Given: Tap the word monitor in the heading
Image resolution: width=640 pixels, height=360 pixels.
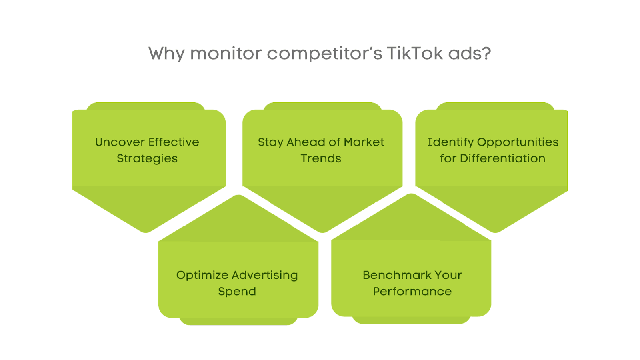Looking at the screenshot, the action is pyautogui.click(x=226, y=54).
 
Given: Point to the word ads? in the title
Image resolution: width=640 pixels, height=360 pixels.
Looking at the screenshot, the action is pyautogui.click(x=470, y=53).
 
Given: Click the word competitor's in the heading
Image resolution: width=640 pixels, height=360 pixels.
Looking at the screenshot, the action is pyautogui.click(x=324, y=54).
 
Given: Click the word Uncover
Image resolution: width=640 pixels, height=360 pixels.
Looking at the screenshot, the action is pyautogui.click(x=120, y=142).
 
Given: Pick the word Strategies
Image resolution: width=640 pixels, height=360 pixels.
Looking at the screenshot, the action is pyautogui.click(x=147, y=158).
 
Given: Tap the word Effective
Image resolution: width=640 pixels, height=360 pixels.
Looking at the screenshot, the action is pyautogui.click(x=174, y=142).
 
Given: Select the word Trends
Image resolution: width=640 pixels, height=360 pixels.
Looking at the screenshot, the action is pyautogui.click(x=321, y=158).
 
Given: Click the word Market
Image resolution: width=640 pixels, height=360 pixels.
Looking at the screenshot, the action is pyautogui.click(x=364, y=142).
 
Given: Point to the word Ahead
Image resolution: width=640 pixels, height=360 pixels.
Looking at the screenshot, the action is pyautogui.click(x=306, y=142).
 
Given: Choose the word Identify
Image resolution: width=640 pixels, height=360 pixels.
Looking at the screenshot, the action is pyautogui.click(x=450, y=142).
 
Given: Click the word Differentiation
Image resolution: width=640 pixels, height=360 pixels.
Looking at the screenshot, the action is pyautogui.click(x=502, y=158).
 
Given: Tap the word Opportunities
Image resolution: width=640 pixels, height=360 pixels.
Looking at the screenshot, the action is pyautogui.click(x=518, y=142).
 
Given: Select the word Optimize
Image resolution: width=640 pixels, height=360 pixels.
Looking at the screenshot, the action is pyautogui.click(x=202, y=276).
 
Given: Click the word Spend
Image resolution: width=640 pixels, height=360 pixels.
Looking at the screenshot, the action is pyautogui.click(x=237, y=292).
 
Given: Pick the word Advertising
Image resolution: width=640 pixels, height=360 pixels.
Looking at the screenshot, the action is pyautogui.click(x=265, y=276).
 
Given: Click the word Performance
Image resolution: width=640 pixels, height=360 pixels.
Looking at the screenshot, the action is pyautogui.click(x=412, y=292).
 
